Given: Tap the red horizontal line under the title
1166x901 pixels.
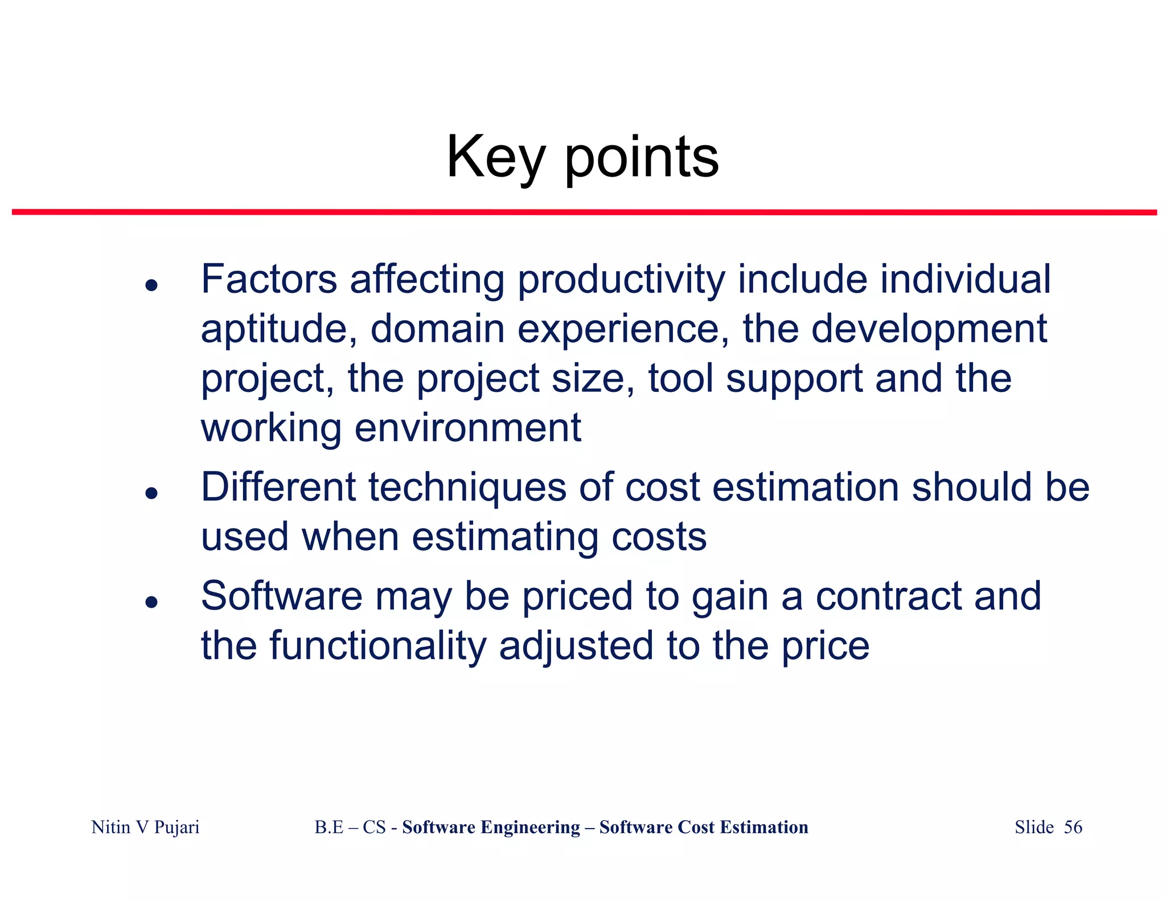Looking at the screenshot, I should coord(584,212).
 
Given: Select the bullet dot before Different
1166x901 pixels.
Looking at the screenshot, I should coord(151,493).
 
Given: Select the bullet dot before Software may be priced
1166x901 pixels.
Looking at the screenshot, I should coord(151,601).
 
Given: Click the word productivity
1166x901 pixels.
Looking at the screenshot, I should coord(621,280).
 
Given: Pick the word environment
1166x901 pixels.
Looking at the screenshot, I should coord(467,428).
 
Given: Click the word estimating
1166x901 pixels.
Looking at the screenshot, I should coord(504,537).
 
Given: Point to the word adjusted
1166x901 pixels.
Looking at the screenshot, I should coord(576,646).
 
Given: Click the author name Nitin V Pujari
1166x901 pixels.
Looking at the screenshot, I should coord(145,827).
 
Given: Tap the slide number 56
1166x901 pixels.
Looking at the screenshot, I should coord(1073,827).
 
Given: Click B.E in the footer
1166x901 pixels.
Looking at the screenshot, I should coord(329,827).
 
